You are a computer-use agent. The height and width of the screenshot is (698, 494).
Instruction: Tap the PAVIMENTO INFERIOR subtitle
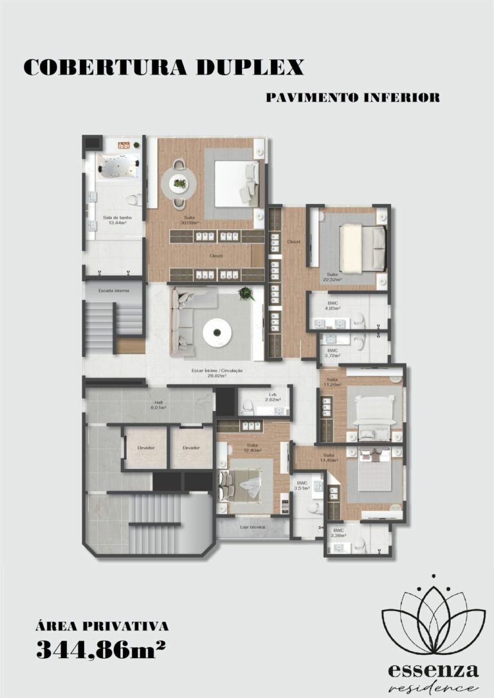(352, 98)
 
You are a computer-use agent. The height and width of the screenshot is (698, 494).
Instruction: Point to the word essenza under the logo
(433, 671)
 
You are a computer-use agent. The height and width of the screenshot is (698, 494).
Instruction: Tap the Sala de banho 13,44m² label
(117, 221)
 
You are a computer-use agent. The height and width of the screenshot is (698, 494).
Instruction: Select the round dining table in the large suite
(179, 185)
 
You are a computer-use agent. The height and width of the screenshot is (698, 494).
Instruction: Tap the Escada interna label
(114, 291)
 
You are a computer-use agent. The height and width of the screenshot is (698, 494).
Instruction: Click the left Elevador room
(145, 448)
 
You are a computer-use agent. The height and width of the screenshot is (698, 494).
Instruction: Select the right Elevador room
(191, 448)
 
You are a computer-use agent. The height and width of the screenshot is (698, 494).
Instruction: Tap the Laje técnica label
(253, 526)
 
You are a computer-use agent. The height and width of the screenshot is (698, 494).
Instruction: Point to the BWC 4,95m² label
(332, 306)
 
